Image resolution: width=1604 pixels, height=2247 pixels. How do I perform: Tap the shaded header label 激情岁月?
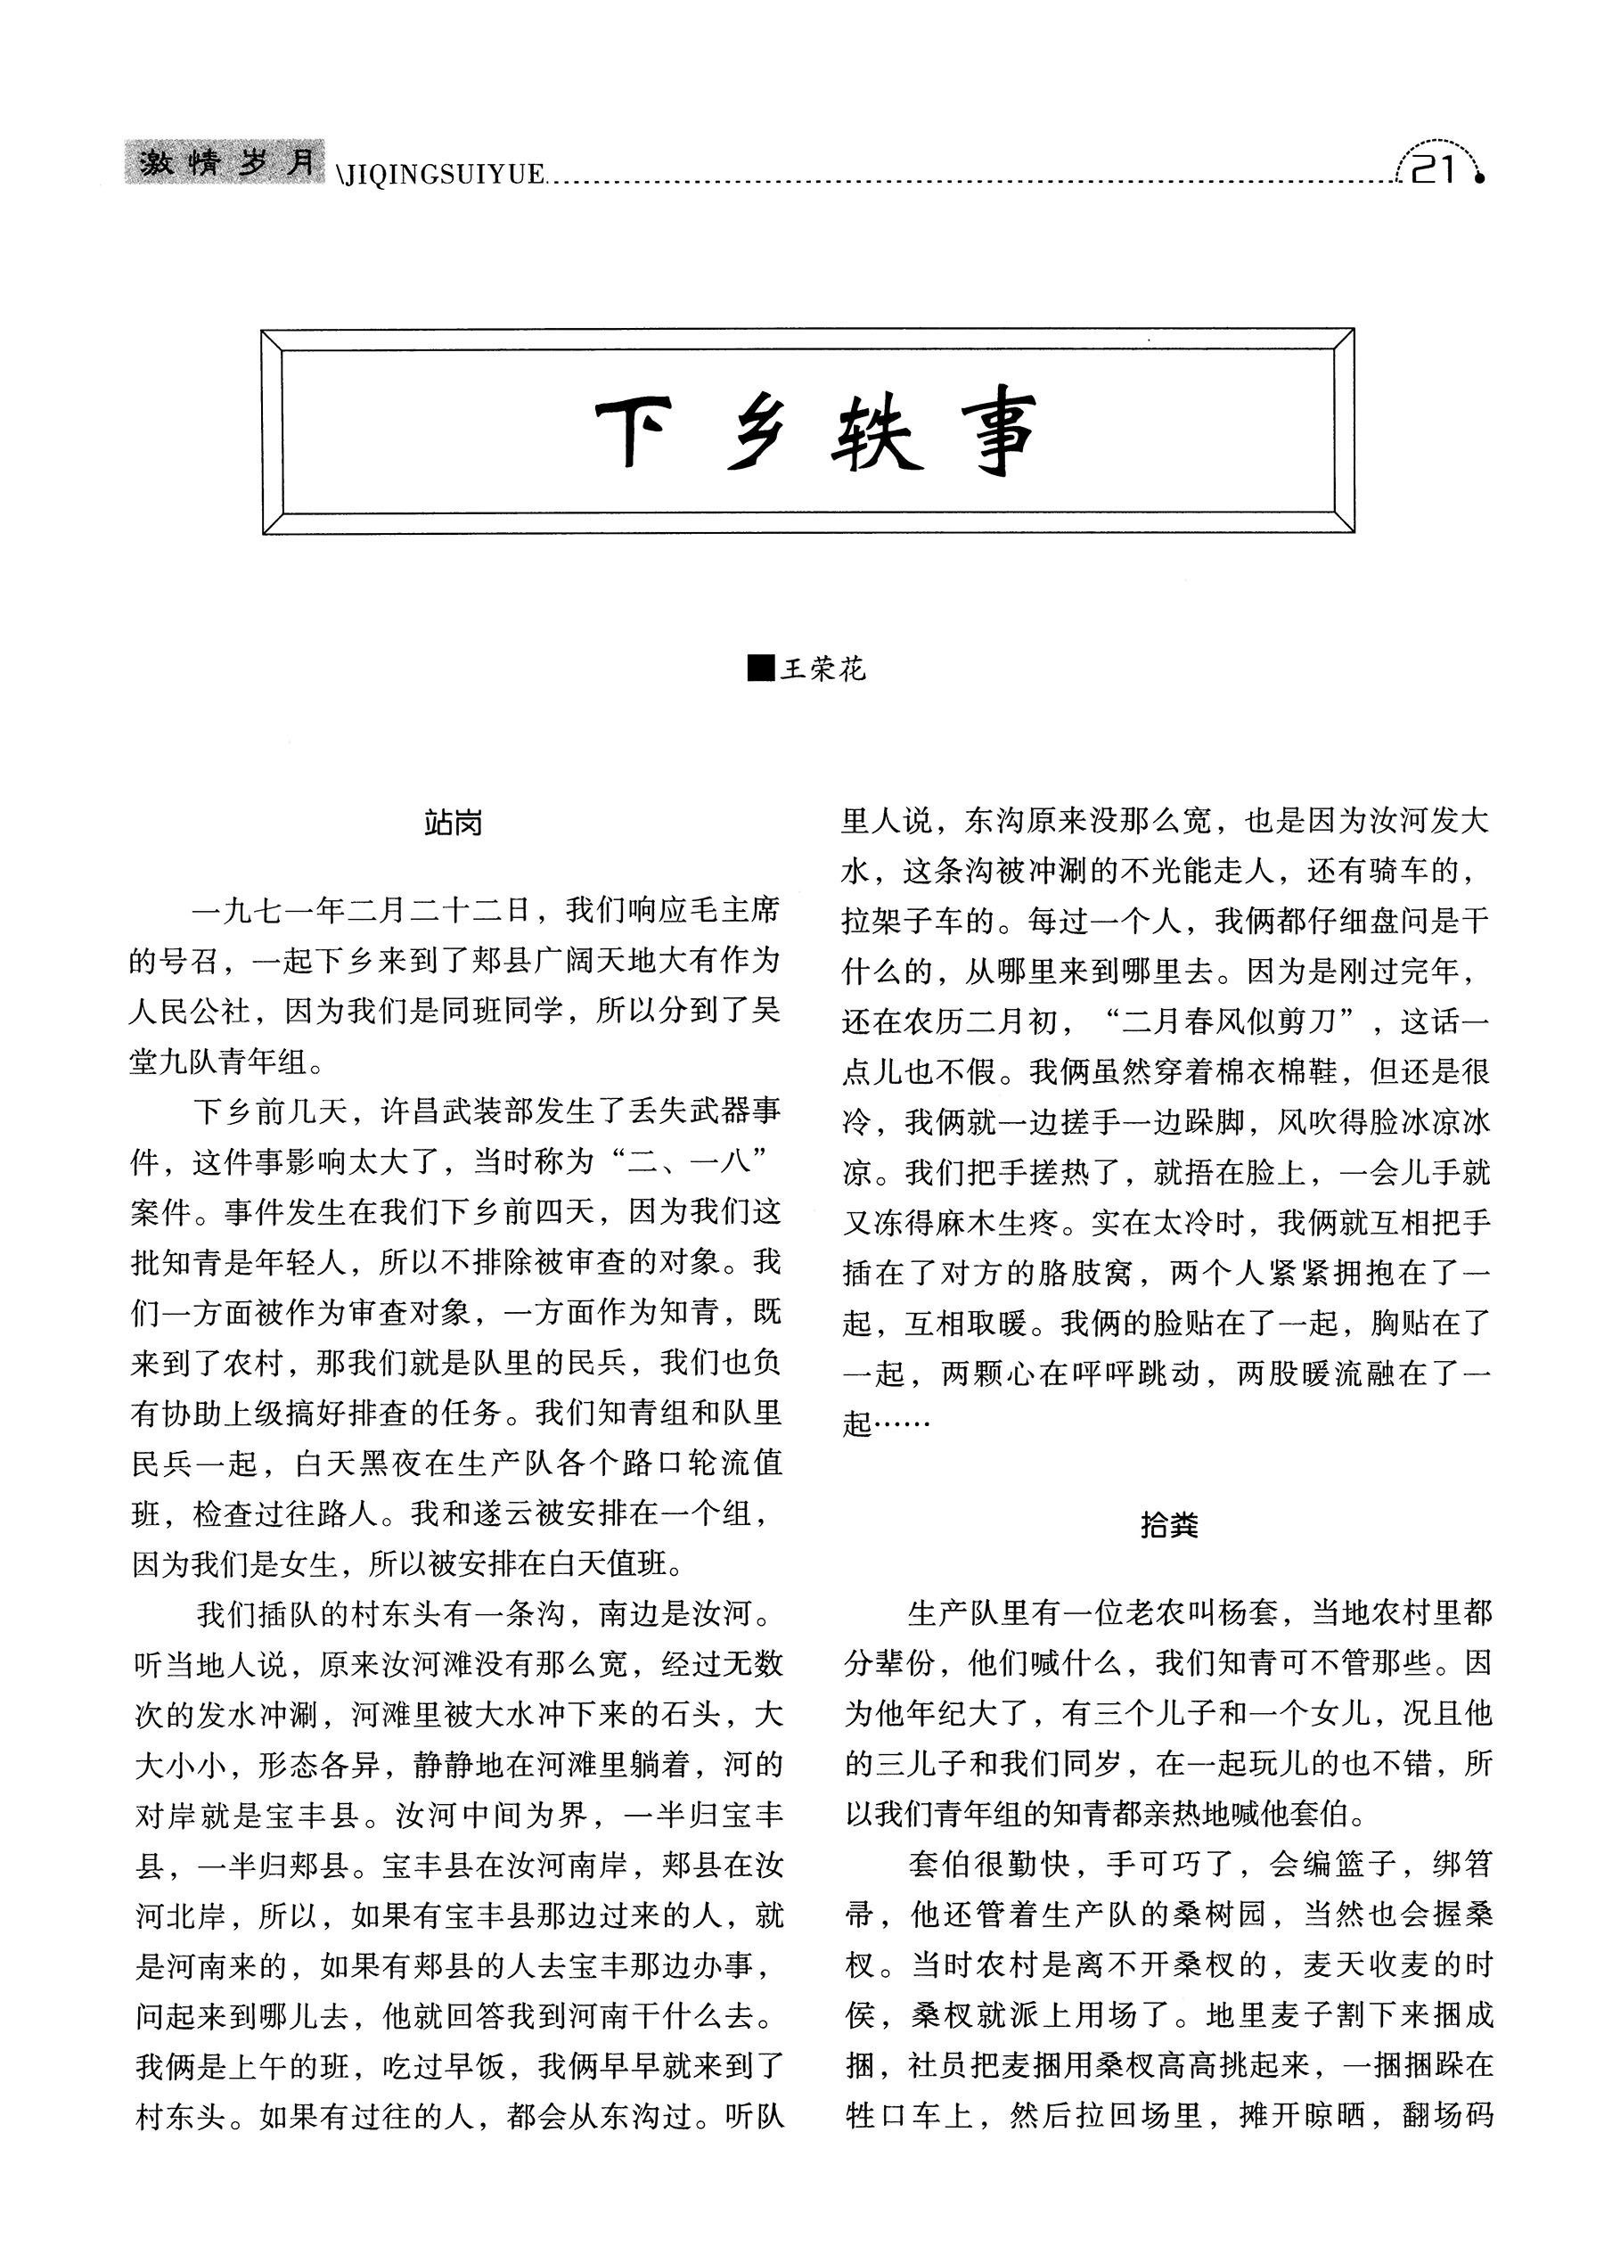point(225,163)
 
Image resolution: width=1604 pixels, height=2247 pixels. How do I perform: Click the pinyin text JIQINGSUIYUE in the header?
point(444,176)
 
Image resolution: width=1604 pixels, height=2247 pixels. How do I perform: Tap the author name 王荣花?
point(822,669)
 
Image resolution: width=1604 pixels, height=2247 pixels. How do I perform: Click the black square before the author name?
point(760,668)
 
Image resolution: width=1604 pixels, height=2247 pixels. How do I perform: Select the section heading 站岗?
point(454,823)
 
